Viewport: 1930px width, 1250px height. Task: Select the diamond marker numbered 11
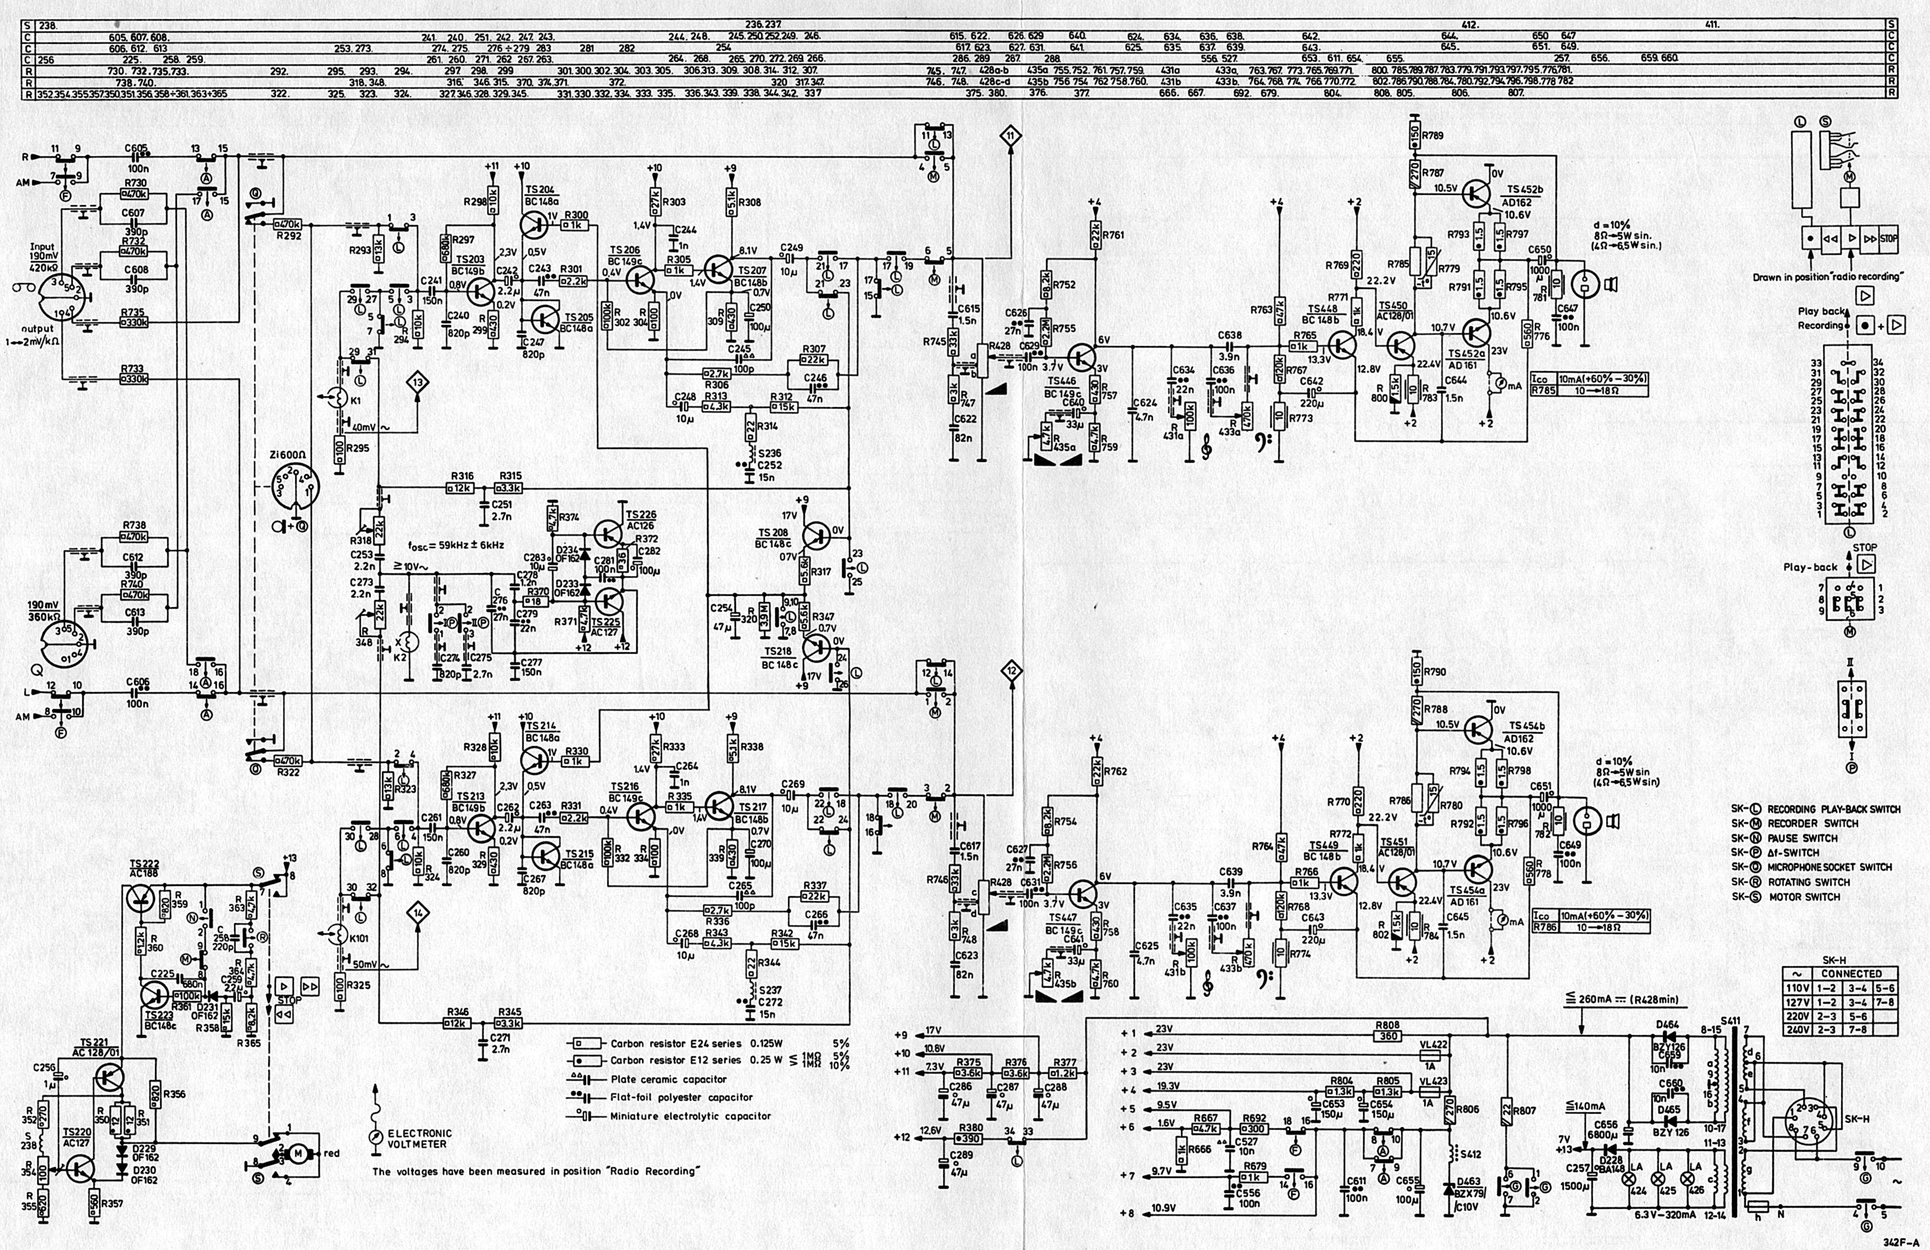click(x=1011, y=136)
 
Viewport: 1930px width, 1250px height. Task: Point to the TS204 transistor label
click(x=539, y=190)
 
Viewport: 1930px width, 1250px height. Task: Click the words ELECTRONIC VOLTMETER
click(x=420, y=1138)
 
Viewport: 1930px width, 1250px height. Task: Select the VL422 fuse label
click(x=1434, y=1045)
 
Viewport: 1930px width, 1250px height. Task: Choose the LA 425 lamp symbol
click(x=1668, y=1181)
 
